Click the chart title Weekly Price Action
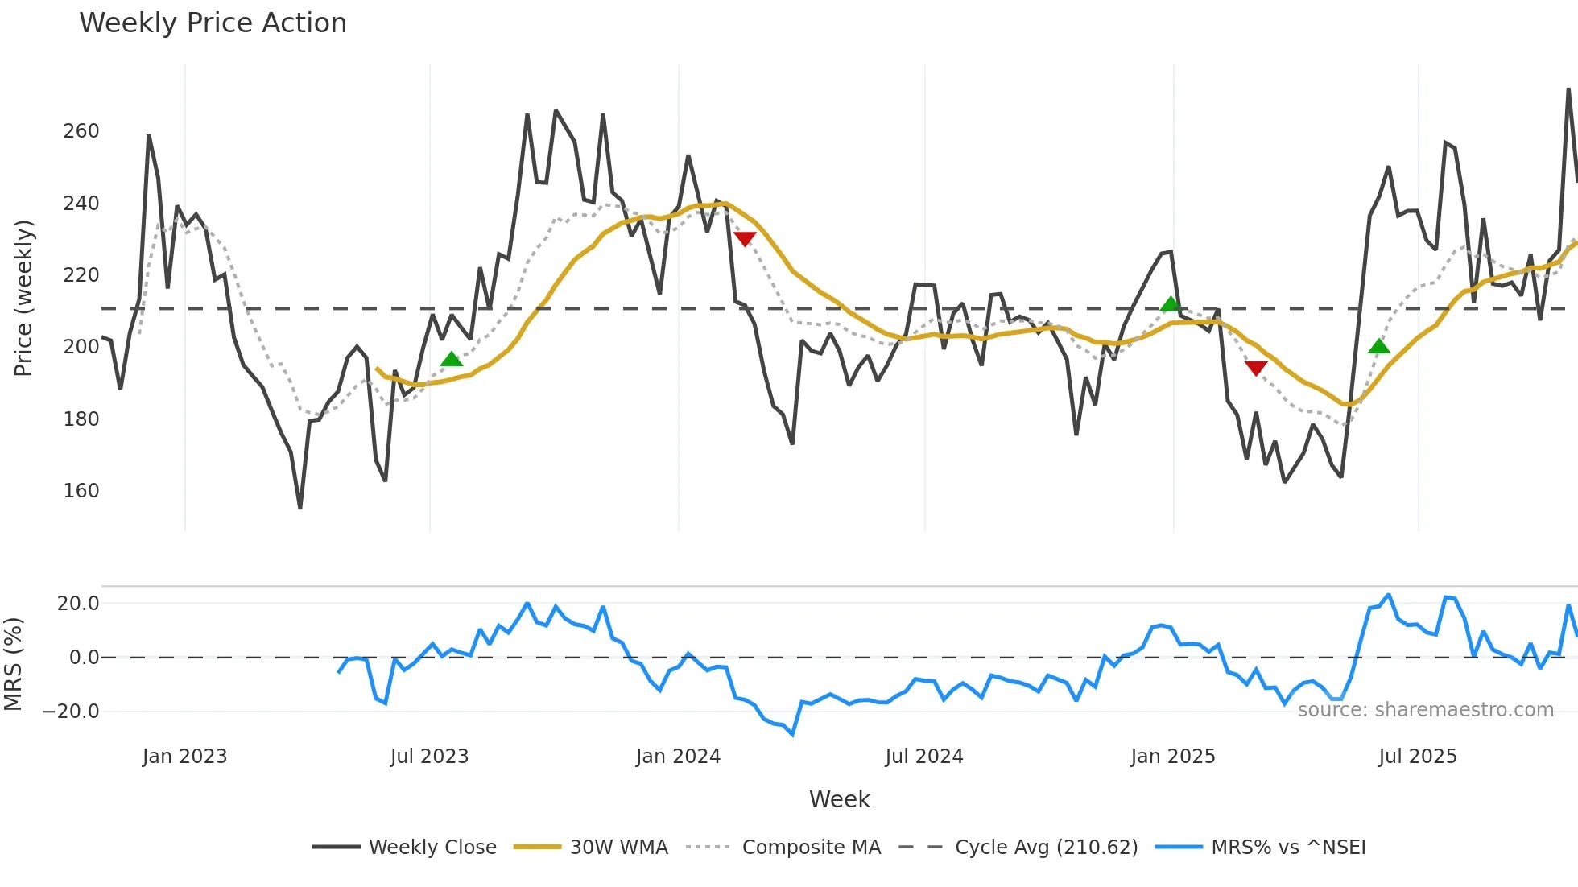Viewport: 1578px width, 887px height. pos(213,23)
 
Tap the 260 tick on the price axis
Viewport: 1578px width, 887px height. pos(81,131)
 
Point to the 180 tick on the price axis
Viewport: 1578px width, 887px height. pos(81,419)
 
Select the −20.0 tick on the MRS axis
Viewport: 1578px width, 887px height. pos(71,712)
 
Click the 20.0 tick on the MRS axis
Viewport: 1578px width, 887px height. pos(78,604)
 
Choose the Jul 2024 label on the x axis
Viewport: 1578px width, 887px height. pos(923,757)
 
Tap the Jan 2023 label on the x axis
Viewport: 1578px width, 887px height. pos(184,757)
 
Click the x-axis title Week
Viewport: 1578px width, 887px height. pos(839,799)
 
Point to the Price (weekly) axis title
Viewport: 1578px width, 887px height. pos(24,298)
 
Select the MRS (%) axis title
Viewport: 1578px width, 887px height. pos(14,664)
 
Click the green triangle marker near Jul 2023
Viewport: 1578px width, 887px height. pos(452,359)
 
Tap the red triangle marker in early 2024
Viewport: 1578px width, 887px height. pos(745,239)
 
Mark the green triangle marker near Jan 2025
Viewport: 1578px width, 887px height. pos(1171,304)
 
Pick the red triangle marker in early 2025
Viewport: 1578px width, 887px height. pos(1256,368)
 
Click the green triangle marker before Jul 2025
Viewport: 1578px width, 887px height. pos(1379,347)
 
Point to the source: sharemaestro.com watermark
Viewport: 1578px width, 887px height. pos(1425,710)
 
